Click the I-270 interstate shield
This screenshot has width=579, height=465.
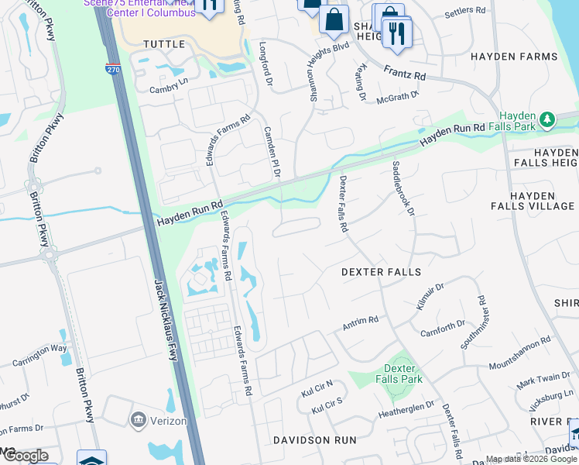(113, 69)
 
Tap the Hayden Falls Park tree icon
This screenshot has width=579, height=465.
(548, 119)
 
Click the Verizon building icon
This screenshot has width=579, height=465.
(139, 420)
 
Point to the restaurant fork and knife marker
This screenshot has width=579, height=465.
(396, 33)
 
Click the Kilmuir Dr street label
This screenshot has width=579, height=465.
(430, 298)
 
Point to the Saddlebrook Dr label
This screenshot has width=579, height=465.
(404, 188)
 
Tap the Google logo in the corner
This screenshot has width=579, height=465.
(25, 456)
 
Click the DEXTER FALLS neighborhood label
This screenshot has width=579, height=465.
(382, 272)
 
